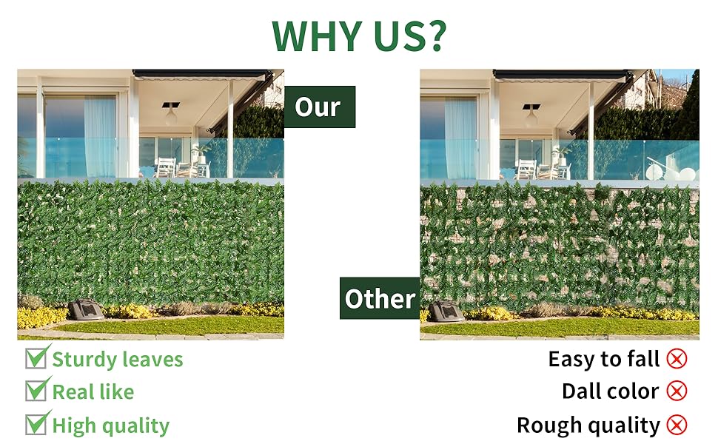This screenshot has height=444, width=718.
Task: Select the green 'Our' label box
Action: click(x=320, y=107)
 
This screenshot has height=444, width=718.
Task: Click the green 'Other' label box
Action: click(x=380, y=298)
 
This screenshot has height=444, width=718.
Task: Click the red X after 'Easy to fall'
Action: click(x=677, y=359)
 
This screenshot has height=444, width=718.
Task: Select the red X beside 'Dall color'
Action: click(x=677, y=391)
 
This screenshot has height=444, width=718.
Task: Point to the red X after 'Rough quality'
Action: click(x=677, y=425)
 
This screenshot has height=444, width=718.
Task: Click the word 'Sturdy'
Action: click(x=78, y=360)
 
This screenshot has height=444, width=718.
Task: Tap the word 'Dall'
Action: click(x=579, y=391)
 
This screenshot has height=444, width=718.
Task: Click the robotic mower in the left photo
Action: click(x=86, y=309)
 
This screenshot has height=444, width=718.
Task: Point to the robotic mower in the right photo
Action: click(x=446, y=312)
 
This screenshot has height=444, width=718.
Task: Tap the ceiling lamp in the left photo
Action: click(x=171, y=114)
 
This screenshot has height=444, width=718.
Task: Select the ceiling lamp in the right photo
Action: click(x=531, y=116)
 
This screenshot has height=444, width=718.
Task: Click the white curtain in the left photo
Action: click(x=100, y=138)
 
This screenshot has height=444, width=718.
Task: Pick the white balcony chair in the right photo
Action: click(x=526, y=169)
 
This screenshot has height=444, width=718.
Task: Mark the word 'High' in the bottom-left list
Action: click(x=74, y=425)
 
